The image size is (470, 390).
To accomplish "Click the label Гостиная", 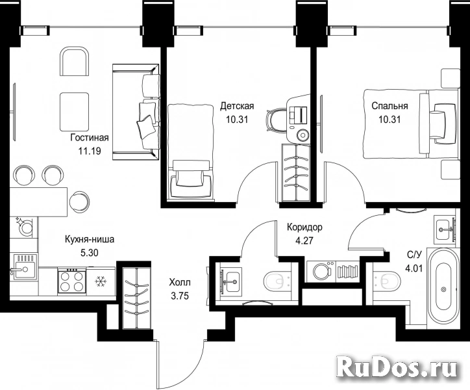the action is (x=90, y=138).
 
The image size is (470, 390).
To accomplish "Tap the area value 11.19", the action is (x=90, y=151).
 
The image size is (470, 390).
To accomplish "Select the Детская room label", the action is (x=237, y=106).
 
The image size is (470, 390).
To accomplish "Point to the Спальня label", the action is (x=390, y=106).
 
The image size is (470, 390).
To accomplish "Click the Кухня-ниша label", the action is (x=90, y=240).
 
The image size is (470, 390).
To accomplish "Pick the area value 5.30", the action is (x=90, y=253).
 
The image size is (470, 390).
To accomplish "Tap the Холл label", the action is (x=180, y=283).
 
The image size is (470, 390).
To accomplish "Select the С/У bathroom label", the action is (x=414, y=255).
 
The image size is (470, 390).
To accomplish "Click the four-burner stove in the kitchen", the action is (x=71, y=280).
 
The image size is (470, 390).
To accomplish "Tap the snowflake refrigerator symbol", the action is (x=99, y=281).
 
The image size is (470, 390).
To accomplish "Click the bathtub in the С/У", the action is (x=443, y=289).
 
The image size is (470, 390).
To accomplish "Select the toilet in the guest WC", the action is (x=277, y=281).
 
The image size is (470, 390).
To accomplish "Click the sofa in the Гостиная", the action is (x=136, y=112).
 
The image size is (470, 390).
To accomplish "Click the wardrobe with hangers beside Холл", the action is (x=136, y=298).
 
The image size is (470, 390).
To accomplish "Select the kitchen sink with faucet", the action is (x=24, y=266).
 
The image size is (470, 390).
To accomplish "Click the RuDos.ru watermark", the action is (x=397, y=367).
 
